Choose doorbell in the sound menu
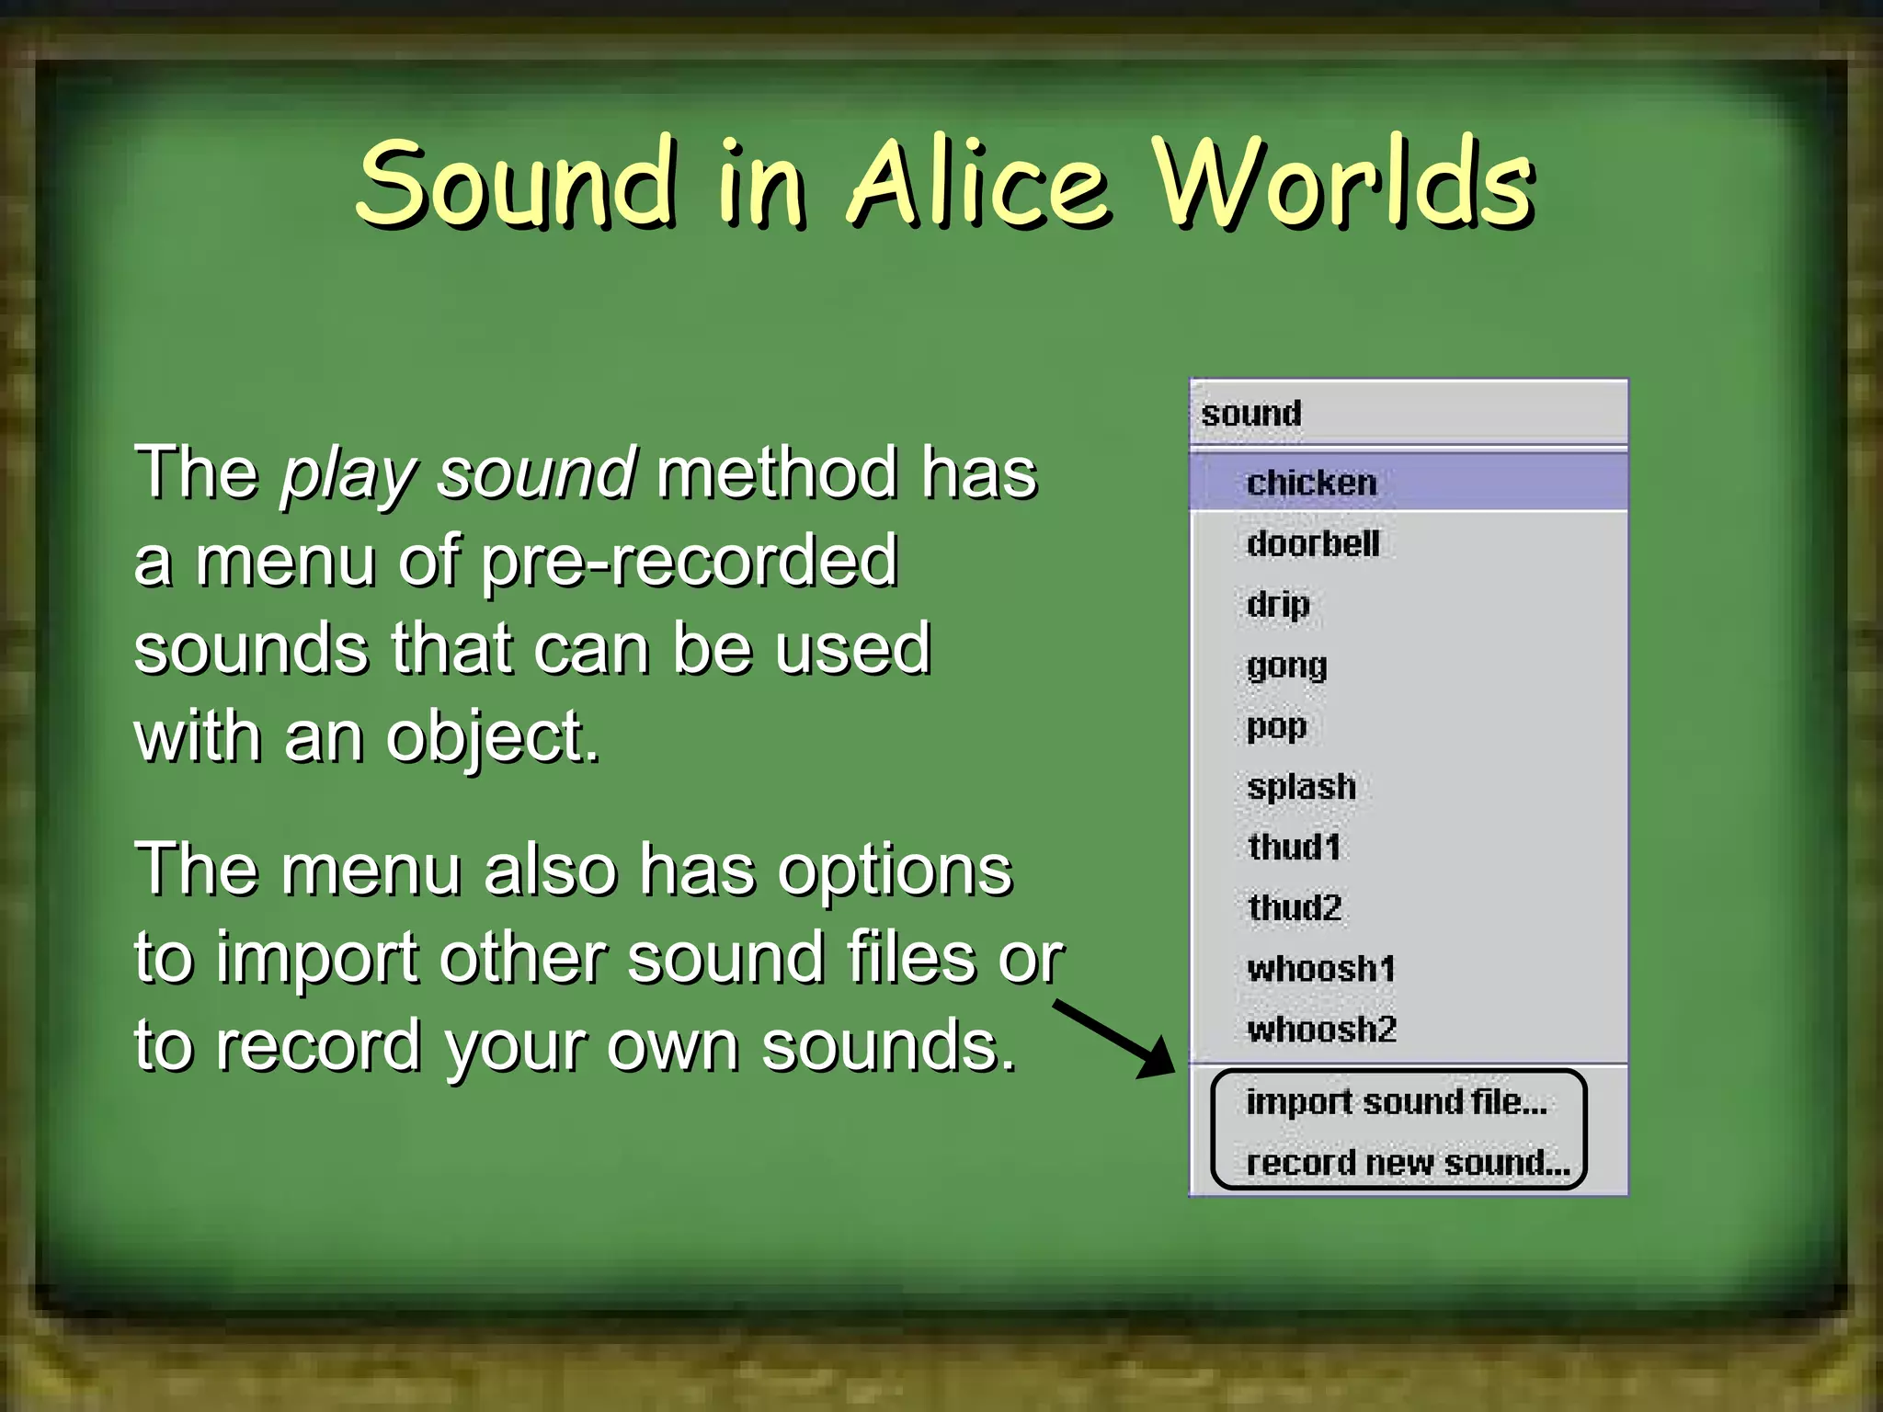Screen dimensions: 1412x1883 tap(1313, 543)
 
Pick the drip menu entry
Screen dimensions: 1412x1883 tap(1278, 605)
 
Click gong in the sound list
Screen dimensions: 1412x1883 tap(1286, 666)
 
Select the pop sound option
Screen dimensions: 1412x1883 tap(1276, 726)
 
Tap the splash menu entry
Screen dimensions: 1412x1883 tap(1301, 787)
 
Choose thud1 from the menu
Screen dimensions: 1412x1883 tap(1294, 847)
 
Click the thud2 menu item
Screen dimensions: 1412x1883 tap(1295, 908)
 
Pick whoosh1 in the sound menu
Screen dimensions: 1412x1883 tap(1321, 969)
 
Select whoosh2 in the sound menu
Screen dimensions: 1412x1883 tap(1321, 1030)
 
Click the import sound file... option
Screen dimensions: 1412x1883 tap(1397, 1101)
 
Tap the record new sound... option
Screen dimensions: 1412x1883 tap(1408, 1163)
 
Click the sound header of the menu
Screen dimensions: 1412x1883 tap(1251, 414)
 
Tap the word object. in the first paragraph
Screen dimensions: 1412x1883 tap(493, 738)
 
